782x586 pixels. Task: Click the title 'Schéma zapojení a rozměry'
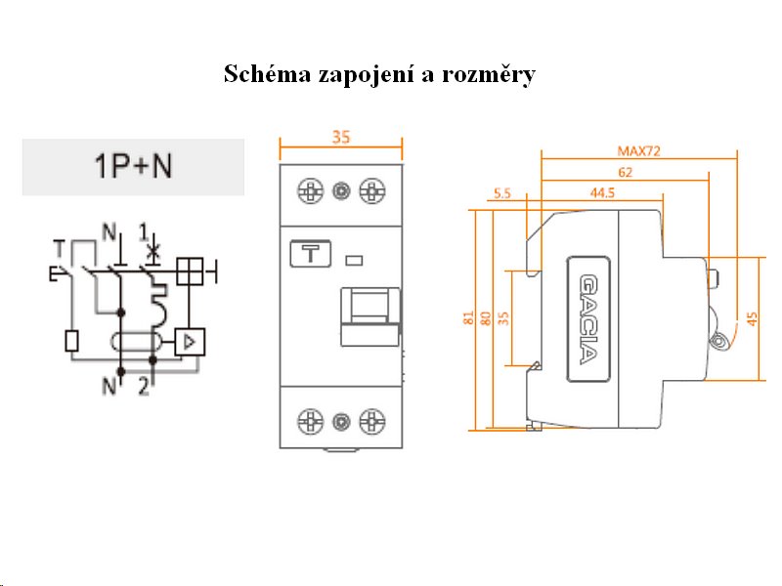click(x=379, y=74)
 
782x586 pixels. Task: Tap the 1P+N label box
click(x=133, y=167)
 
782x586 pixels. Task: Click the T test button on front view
click(x=311, y=255)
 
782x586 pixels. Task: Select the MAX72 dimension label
click(x=639, y=150)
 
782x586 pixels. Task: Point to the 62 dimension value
click(x=626, y=173)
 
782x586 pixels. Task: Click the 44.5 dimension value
click(x=602, y=193)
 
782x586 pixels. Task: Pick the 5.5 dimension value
click(x=502, y=193)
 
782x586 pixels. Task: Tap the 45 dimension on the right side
click(x=752, y=318)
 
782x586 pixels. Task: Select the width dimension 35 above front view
click(x=340, y=139)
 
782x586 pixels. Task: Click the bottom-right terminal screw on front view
click(x=370, y=422)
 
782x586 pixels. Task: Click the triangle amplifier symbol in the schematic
click(x=190, y=342)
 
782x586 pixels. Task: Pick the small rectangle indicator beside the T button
click(x=355, y=260)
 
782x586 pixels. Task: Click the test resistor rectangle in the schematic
click(x=70, y=341)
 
